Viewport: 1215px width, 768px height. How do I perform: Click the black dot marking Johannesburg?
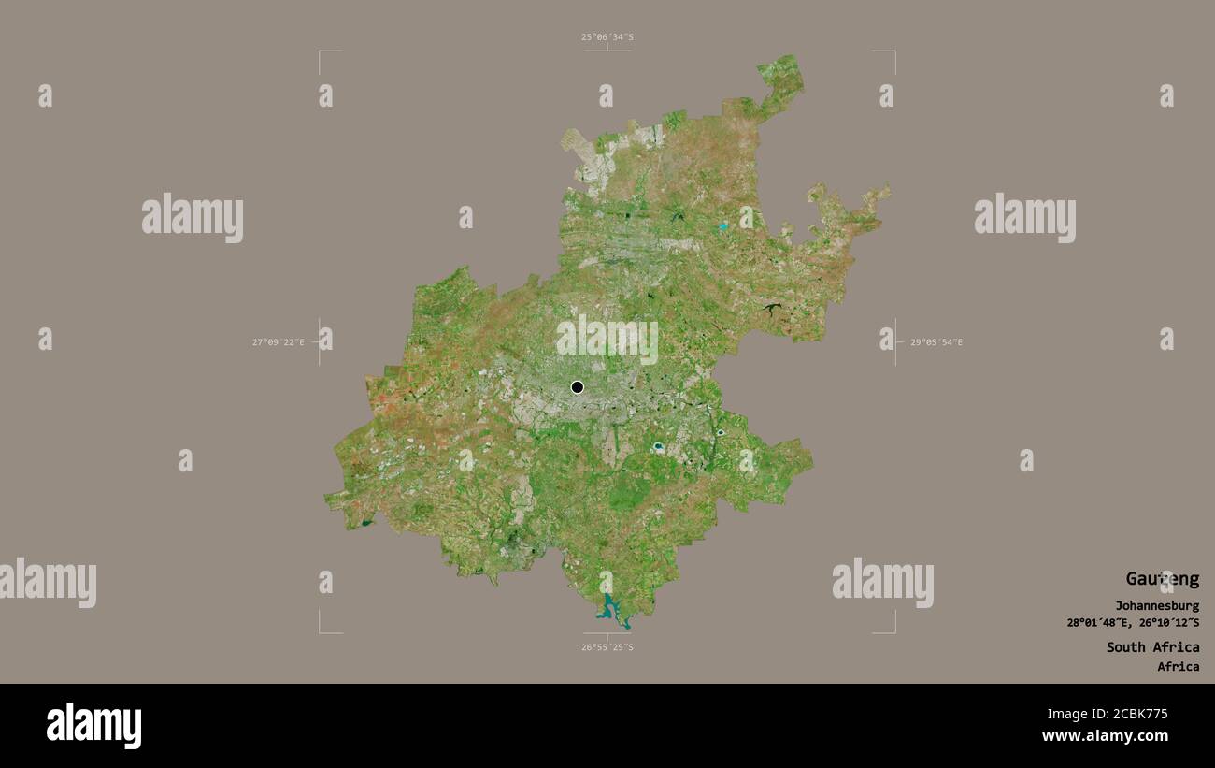(577, 387)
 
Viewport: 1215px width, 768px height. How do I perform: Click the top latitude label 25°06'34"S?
(607, 37)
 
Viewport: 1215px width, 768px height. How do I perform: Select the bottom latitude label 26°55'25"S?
(607, 647)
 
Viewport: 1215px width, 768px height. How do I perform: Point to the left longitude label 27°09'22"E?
(278, 342)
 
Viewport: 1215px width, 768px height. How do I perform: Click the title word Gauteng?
(1162, 579)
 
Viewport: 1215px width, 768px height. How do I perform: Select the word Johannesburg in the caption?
(1156, 606)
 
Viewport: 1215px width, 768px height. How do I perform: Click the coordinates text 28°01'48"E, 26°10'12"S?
(1133, 623)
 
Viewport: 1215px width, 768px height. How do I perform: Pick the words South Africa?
(1152, 647)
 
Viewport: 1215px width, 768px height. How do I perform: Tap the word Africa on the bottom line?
(1178, 667)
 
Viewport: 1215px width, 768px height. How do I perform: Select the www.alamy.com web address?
(1105, 736)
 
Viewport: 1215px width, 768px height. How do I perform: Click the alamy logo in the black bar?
(93, 726)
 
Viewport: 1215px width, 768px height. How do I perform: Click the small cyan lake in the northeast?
(722, 226)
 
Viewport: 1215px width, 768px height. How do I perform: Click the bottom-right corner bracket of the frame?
(893, 631)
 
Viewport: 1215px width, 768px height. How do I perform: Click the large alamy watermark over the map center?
(607, 339)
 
